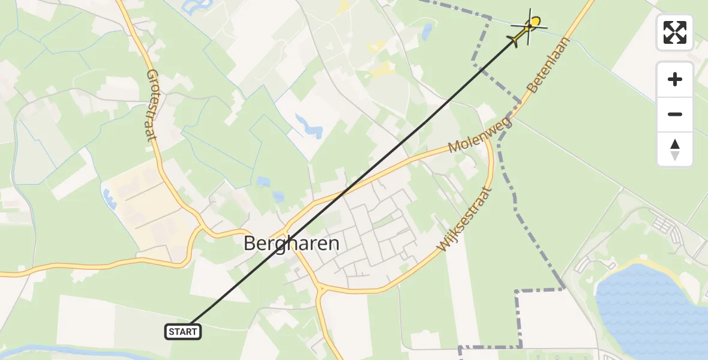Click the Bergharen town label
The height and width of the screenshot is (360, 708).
pyautogui.click(x=292, y=243)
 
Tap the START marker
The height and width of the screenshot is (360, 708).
pyautogui.click(x=182, y=331)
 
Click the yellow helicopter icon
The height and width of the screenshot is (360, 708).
pyautogui.click(x=528, y=28)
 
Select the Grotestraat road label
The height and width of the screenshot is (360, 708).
pyautogui.click(x=151, y=104)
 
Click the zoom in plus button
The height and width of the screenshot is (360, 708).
pyautogui.click(x=675, y=79)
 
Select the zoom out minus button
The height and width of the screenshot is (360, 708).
pyautogui.click(x=675, y=114)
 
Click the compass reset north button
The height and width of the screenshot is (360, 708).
pyautogui.click(x=675, y=149)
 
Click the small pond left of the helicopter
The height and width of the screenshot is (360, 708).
pyautogui.click(x=427, y=31)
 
